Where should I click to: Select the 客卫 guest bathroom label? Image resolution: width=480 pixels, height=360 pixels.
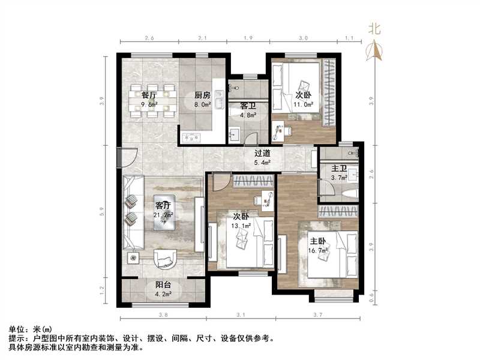tap(248, 106)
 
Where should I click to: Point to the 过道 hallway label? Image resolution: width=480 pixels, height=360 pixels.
tap(262, 154)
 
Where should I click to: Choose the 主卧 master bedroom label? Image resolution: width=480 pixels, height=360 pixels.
tap(319, 242)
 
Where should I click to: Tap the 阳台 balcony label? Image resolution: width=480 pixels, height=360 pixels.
tap(164, 286)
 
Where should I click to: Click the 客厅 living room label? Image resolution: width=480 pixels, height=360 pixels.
tap(163, 205)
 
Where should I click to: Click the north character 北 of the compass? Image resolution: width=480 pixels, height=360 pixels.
tap(374, 28)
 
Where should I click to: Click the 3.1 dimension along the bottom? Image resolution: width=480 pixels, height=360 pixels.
tap(242, 314)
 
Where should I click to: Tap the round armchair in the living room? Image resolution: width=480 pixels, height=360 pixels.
tap(164, 259)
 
